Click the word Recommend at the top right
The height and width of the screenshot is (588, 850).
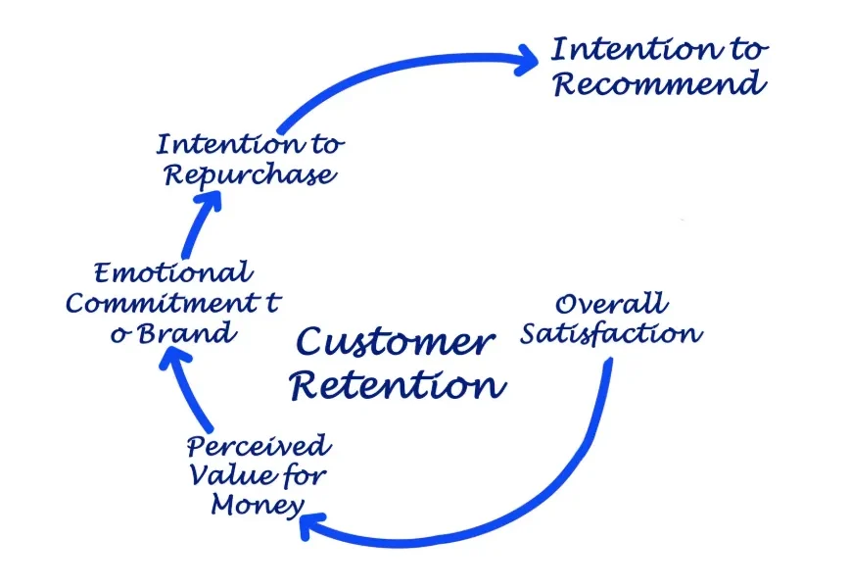point(658,83)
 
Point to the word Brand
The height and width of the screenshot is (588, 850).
point(185,332)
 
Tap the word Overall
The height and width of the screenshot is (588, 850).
point(610,304)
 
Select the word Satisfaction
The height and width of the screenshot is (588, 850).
point(610,333)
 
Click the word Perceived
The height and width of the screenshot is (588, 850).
point(259,448)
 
